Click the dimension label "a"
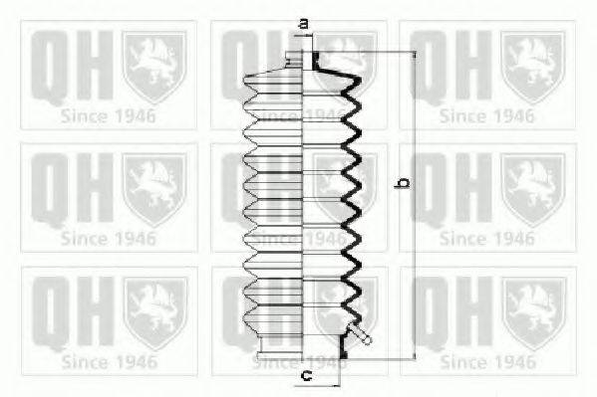pyautogui.click(x=304, y=24)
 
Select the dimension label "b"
pyautogui.click(x=404, y=183)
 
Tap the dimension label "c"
pyautogui.click(x=307, y=376)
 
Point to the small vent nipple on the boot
pyautogui.click(x=360, y=333)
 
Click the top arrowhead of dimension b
pyautogui.click(x=415, y=55)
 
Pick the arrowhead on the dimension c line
pyautogui.click(x=336, y=386)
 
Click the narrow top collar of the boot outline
pyautogui.click(x=294, y=61)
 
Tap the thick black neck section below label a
pyautogui.click(x=316, y=61)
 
